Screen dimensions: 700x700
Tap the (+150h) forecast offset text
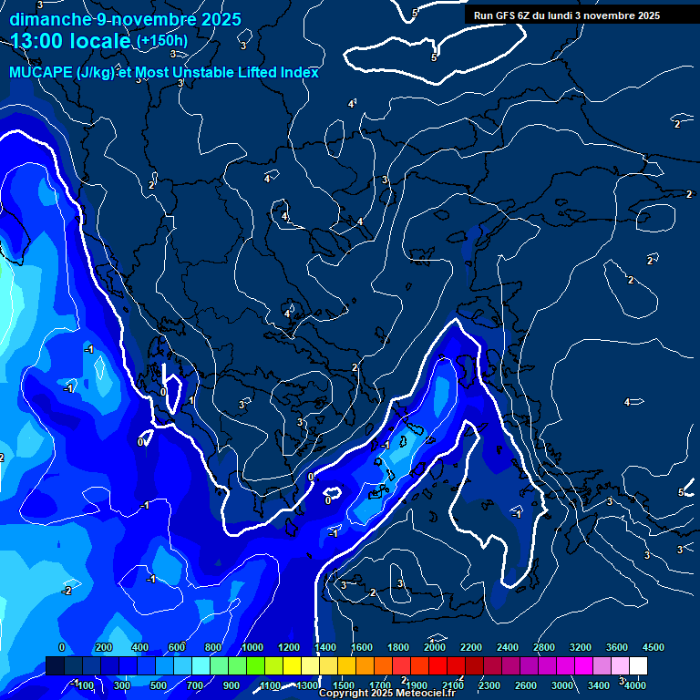click(162, 41)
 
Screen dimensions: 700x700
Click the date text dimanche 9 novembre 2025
click(125, 19)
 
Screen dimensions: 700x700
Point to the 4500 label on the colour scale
click(654, 646)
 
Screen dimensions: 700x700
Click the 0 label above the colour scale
click(61, 646)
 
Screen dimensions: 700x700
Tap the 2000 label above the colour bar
click(435, 646)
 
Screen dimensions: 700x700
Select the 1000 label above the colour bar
click(252, 646)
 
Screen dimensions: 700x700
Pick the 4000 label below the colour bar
click(635, 685)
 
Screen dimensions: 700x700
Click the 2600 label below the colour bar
click(526, 685)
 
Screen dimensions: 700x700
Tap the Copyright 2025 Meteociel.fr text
click(387, 694)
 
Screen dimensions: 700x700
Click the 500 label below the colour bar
click(159, 685)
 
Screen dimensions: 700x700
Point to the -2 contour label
click(66, 591)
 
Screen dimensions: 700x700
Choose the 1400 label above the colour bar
click(325, 646)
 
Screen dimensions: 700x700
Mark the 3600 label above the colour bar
click(617, 646)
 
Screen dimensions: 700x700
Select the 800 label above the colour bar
click(213, 646)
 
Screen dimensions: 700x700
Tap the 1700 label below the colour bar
click(380, 685)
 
